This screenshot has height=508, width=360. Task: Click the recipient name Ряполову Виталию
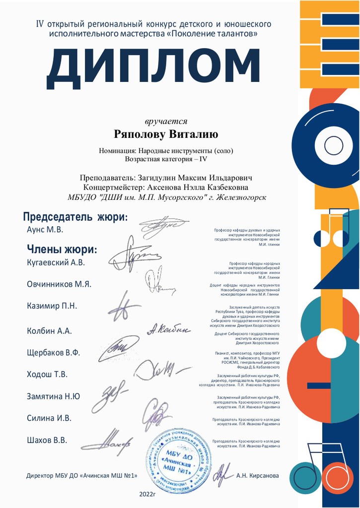tap(166, 134)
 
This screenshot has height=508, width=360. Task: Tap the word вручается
tap(166, 121)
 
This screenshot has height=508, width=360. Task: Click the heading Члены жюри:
tap(62, 250)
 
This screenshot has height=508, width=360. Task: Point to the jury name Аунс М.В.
tap(45, 230)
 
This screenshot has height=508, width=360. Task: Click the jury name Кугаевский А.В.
tap(56, 262)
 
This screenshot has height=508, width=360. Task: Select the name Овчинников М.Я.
tap(59, 284)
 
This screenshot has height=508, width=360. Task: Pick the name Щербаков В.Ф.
tap(53, 353)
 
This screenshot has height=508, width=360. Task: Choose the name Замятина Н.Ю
tap(53, 396)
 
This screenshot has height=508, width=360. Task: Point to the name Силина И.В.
tap(49, 418)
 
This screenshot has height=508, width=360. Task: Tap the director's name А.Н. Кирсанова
tap(258, 476)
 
